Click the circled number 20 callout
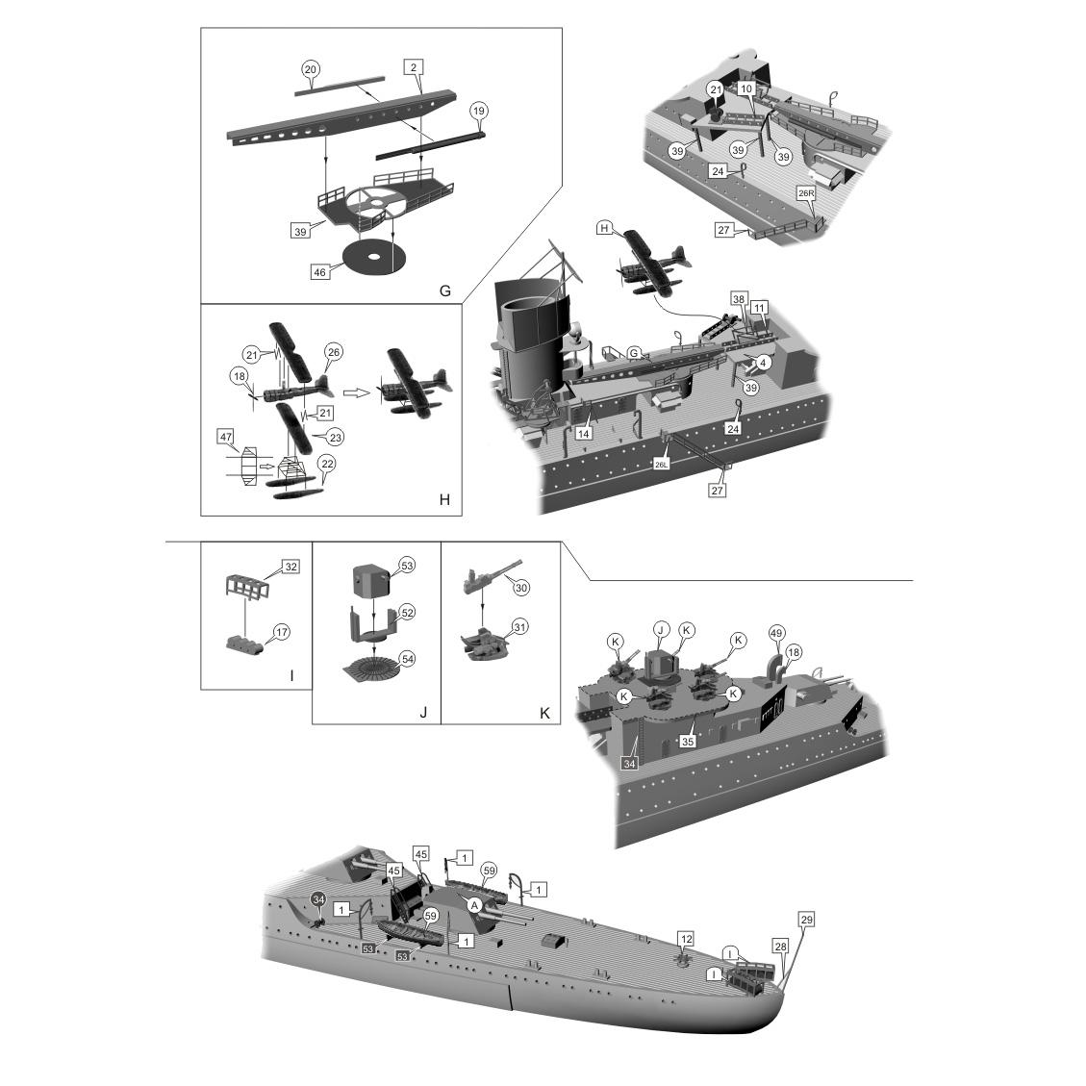click(x=310, y=69)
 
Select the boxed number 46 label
click(x=320, y=272)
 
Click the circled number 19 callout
click(x=478, y=111)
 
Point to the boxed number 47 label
click(x=226, y=437)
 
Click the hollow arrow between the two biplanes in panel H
click(x=357, y=392)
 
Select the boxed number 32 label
click(x=290, y=567)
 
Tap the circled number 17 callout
click(x=281, y=632)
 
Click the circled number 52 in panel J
click(x=407, y=612)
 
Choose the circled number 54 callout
click(x=407, y=658)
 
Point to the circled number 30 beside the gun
click(x=521, y=586)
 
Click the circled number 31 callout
click(x=520, y=626)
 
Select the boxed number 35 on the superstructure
click(x=687, y=742)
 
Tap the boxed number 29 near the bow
click(x=806, y=921)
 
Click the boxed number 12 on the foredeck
click(x=685, y=938)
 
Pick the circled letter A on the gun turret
click(x=473, y=904)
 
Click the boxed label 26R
click(x=806, y=192)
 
